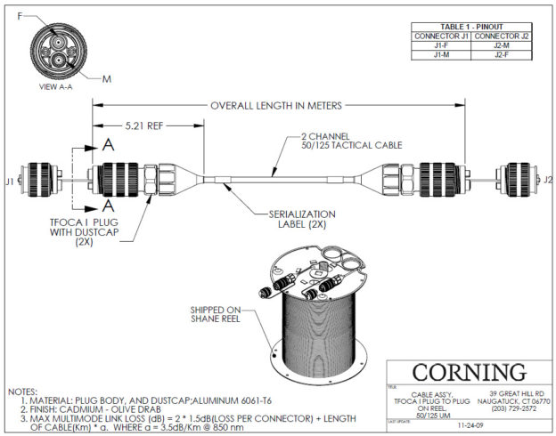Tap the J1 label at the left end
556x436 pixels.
coord(10,180)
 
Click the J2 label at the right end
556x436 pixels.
coord(547,180)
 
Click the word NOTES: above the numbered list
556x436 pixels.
coord(22,390)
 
